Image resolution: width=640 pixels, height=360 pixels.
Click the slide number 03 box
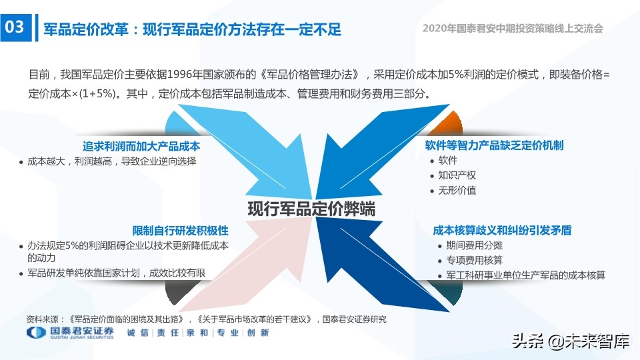15,28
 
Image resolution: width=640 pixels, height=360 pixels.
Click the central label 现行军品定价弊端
311,209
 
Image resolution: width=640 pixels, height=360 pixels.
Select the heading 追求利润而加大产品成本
141,146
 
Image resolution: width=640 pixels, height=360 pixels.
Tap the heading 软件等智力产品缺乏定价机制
494,145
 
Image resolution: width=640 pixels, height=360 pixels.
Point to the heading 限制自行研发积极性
180,231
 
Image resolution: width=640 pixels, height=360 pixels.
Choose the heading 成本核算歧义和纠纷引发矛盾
502,231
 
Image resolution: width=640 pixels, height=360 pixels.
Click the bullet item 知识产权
457,175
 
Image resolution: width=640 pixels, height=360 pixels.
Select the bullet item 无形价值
457,190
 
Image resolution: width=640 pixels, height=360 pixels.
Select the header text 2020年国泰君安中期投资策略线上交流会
513,29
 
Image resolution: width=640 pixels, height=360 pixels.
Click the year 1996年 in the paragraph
184,74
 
